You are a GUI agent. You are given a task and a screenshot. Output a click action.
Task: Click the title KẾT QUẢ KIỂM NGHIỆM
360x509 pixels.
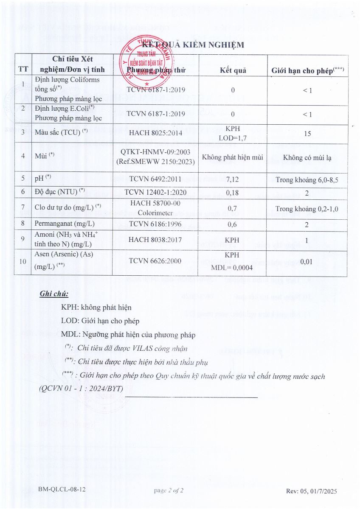tap(193, 45)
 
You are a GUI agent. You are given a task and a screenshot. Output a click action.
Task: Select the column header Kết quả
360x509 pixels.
tap(233, 70)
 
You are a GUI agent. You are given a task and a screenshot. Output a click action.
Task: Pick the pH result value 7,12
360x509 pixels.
tap(233, 179)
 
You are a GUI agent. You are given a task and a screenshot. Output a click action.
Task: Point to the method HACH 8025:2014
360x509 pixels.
tap(155, 132)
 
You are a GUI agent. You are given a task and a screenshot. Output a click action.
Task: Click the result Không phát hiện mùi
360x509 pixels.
tap(233, 157)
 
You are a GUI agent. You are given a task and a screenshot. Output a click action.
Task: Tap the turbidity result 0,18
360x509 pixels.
tap(233, 193)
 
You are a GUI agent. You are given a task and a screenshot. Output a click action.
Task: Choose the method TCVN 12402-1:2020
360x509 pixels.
tap(155, 193)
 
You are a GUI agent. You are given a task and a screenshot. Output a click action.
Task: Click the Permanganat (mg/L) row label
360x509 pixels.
tap(65, 224)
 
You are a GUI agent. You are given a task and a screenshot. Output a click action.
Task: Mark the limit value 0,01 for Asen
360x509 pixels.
tap(306, 262)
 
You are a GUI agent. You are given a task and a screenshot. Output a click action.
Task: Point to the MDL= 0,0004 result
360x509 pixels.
tap(233, 267)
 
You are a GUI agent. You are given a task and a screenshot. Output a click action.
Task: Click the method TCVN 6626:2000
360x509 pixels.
tap(155, 262)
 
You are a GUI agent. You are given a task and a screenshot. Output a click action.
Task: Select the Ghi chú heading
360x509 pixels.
tap(54, 294)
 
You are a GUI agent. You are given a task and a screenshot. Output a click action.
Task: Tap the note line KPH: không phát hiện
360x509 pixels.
tap(96, 307)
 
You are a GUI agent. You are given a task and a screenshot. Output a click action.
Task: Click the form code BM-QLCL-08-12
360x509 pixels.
tap(62, 489)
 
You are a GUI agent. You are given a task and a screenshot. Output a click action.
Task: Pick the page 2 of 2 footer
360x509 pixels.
tap(169, 491)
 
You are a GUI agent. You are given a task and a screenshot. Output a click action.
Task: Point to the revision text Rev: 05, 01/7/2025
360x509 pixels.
tap(311, 491)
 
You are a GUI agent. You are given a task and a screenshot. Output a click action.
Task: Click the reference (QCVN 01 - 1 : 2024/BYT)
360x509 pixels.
tap(81, 389)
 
